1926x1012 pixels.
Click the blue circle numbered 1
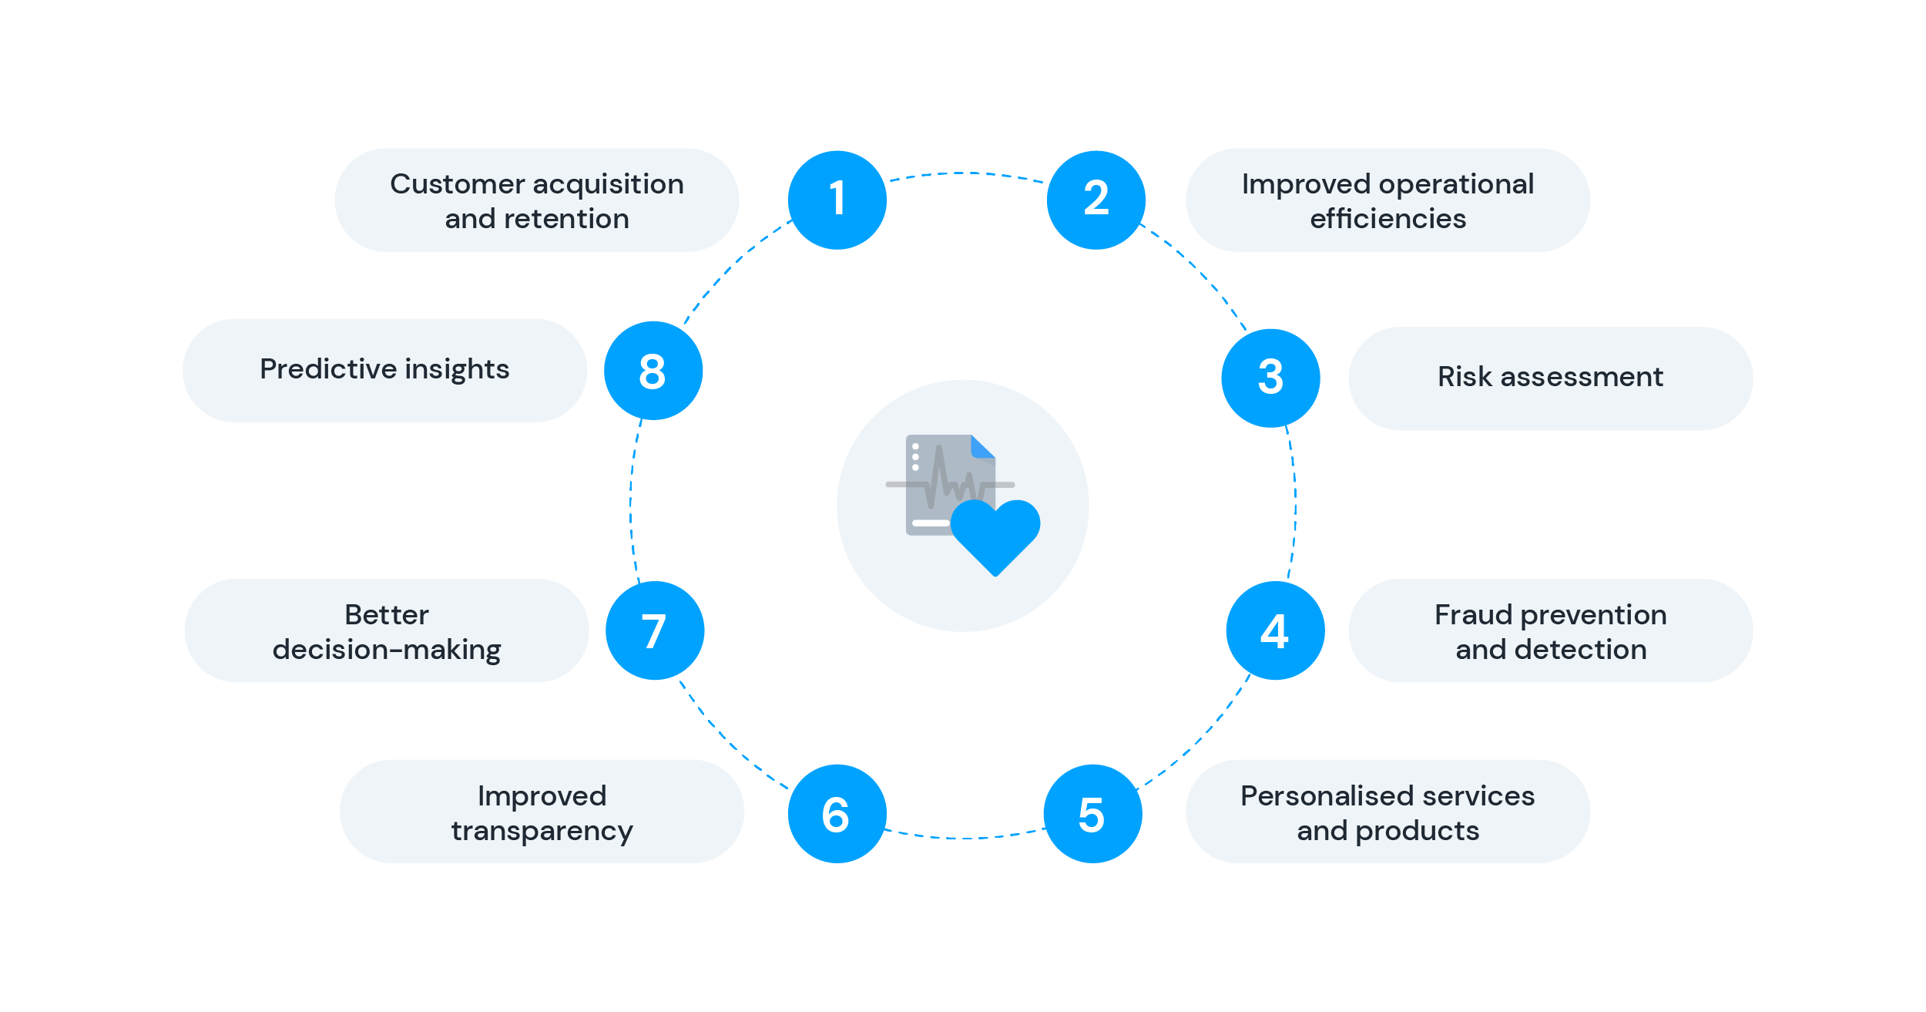[x=837, y=200]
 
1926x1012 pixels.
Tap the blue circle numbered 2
[x=1096, y=200]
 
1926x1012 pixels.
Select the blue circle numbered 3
[x=1271, y=378]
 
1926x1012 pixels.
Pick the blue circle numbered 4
[x=1276, y=630]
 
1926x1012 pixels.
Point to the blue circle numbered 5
[x=1093, y=814]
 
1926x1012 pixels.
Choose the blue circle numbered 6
[x=837, y=814]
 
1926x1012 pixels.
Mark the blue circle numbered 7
[x=655, y=630]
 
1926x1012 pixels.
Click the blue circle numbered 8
[x=653, y=371]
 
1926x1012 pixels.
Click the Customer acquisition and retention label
[x=537, y=200]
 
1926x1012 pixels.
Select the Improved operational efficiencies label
[x=1388, y=200]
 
